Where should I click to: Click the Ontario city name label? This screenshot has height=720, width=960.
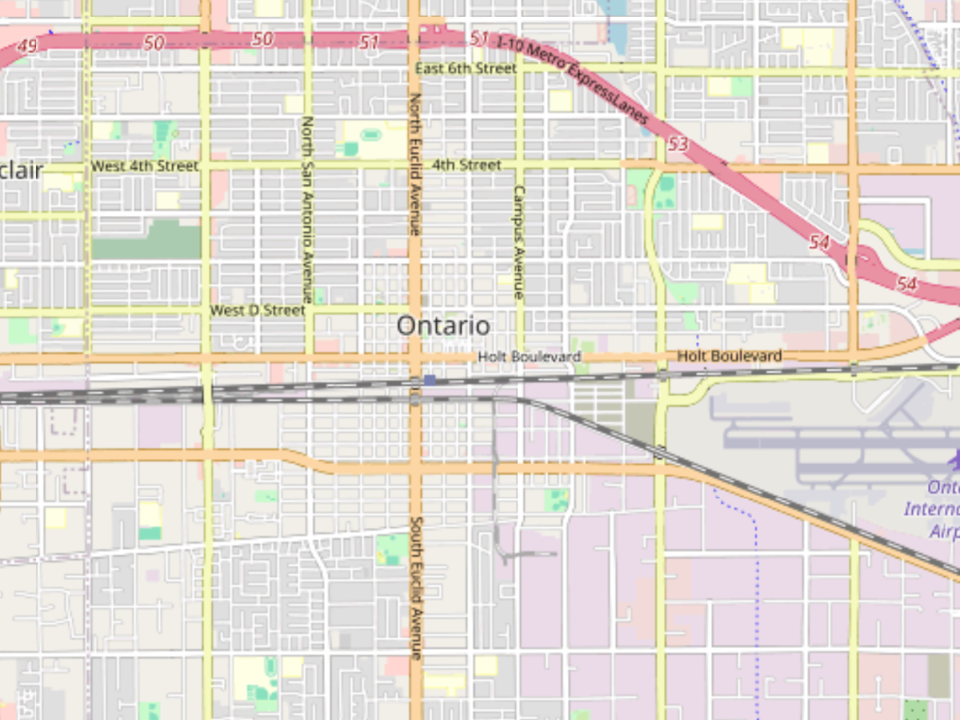(x=443, y=326)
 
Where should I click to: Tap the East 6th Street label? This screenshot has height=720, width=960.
(x=466, y=69)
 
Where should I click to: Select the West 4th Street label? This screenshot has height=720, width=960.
(x=144, y=166)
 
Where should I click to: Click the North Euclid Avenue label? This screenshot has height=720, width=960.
(x=415, y=164)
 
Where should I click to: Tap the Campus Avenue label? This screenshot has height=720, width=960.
(x=519, y=242)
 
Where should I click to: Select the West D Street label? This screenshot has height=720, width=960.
(x=257, y=310)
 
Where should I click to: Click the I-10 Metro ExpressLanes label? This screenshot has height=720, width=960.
(x=571, y=77)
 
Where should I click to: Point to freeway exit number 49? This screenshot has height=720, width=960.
(x=27, y=47)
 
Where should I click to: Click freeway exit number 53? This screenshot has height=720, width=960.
(x=678, y=144)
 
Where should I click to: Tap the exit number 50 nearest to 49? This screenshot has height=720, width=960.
(x=154, y=42)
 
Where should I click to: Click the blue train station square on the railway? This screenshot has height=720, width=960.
(x=430, y=380)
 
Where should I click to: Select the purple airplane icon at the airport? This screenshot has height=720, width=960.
(x=954, y=460)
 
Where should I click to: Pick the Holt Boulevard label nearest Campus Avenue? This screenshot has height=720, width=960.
(x=529, y=355)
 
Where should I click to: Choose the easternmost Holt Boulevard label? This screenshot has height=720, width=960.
(x=729, y=355)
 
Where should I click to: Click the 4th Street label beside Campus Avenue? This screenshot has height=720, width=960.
(x=466, y=165)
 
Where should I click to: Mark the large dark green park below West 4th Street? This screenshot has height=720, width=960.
(x=146, y=241)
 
